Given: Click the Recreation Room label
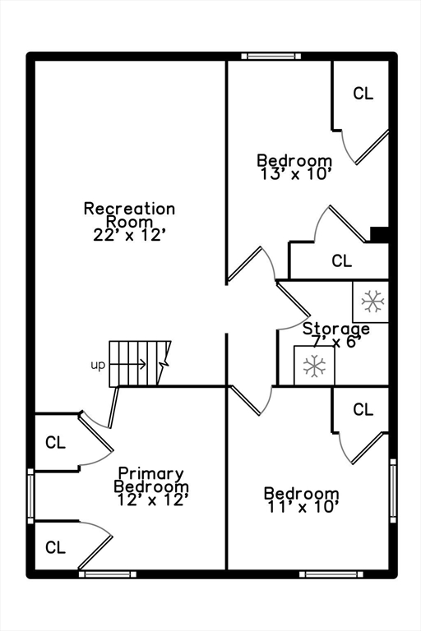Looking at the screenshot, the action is point(129,215).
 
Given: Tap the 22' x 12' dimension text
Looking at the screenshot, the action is point(130,235).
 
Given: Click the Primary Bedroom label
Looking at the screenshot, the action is point(151,480).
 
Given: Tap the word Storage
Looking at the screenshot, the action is point(336,329).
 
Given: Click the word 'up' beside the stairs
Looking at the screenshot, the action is point(98,366).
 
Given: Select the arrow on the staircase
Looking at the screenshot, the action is point(127,364).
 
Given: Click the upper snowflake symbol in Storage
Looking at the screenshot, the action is point(372,301).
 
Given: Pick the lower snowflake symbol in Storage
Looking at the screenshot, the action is point(314,366).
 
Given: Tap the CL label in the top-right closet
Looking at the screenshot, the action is point(363,94).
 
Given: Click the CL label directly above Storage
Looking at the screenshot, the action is point(341,260).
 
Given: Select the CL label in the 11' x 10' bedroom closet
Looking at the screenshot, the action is point(363,410).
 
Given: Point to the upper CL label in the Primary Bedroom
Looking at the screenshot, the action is point(55,443).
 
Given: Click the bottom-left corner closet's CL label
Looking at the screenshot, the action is point(55,548).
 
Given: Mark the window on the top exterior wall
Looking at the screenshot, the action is point(271,57).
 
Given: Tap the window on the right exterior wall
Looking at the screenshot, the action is point(393,491).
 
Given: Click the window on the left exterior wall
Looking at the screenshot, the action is point(30,496).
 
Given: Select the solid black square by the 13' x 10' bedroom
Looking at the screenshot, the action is point(379,235).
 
